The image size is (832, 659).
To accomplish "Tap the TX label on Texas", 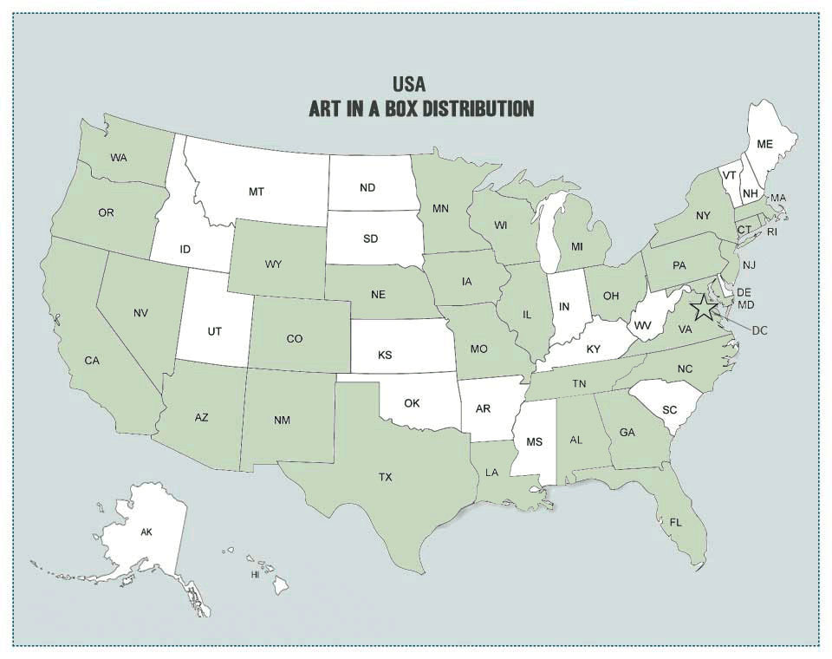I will pyautogui.click(x=386, y=477).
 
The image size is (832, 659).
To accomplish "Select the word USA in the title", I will pyautogui.click(x=409, y=84).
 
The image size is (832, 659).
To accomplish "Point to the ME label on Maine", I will pyautogui.click(x=764, y=144).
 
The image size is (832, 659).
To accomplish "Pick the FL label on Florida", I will pyautogui.click(x=675, y=522).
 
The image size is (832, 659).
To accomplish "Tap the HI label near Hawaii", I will pyautogui.click(x=256, y=575).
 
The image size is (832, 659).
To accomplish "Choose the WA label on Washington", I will pyautogui.click(x=119, y=158).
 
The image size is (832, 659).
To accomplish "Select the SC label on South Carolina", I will pyautogui.click(x=668, y=408).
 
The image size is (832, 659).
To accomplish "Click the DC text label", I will pyautogui.click(x=760, y=329).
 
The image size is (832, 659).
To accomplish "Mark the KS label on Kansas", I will pyautogui.click(x=385, y=356).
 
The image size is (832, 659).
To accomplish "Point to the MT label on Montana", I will pyautogui.click(x=257, y=191).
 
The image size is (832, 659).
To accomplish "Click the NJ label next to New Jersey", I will pyautogui.click(x=750, y=264).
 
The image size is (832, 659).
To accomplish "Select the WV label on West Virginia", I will pyautogui.click(x=642, y=325).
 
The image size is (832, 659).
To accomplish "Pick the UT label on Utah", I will pyautogui.click(x=215, y=331).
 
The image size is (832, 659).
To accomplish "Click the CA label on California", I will pyautogui.click(x=93, y=360).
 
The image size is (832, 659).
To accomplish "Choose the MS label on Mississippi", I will pyautogui.click(x=534, y=442).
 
